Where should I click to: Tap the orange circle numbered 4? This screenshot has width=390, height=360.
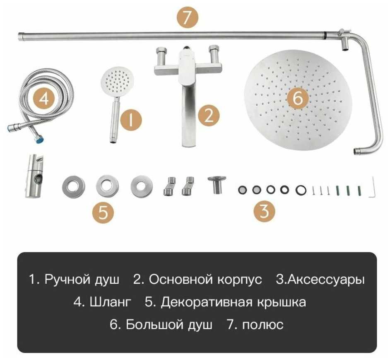(44, 99)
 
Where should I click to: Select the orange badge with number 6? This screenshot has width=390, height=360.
(298, 98)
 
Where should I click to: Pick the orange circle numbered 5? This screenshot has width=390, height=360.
(103, 213)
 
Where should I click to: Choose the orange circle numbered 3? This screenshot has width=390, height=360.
(265, 211)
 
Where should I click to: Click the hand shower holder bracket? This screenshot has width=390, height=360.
(35, 176)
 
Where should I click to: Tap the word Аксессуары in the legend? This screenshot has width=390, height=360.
(327, 279)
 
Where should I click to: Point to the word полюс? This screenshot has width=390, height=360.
(263, 325)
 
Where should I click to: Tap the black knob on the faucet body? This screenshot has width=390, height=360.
(186, 48)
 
